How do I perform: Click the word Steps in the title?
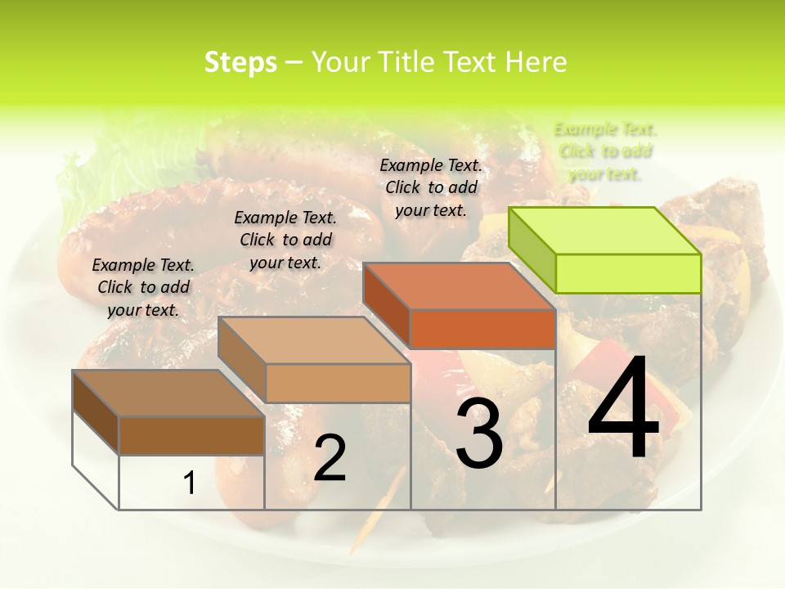pos(240,62)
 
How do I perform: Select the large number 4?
pos(623,409)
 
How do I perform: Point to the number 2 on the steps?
pos(330,458)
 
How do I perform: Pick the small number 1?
pos(189,483)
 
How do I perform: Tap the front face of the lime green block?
pos(628,273)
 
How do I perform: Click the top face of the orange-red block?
pos(458,286)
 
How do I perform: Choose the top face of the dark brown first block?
pos(168,393)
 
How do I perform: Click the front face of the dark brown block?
pos(191,435)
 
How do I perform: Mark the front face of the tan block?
pos(338,383)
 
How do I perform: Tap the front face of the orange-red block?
pos(482,329)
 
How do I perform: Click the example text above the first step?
pos(143,287)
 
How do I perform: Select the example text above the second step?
pos(285,240)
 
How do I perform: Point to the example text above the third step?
pos(431,187)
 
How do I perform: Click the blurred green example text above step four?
pos(605,151)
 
